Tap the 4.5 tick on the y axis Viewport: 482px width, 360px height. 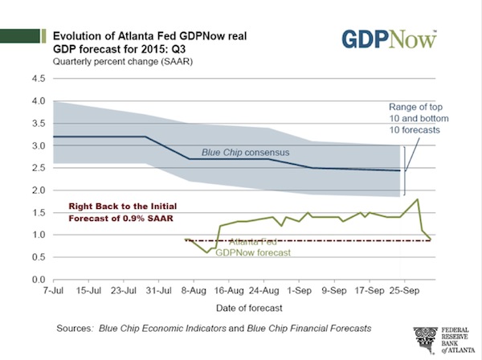[37, 79]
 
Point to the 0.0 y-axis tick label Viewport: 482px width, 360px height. [37, 279]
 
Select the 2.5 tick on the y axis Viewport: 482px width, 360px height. [37, 168]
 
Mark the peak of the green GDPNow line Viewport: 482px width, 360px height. [418, 198]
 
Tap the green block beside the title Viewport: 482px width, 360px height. [23, 36]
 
